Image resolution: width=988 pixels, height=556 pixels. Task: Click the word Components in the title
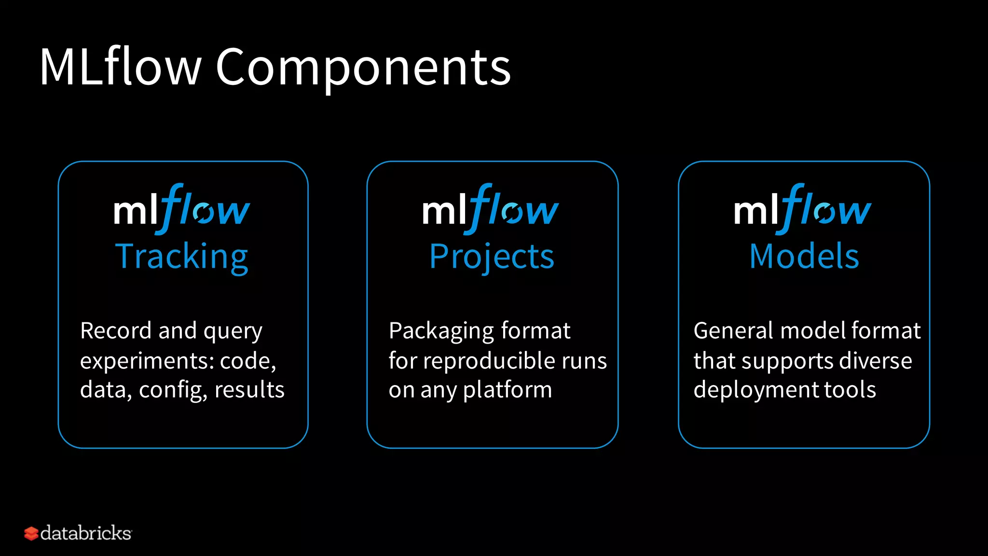pyautogui.click(x=363, y=68)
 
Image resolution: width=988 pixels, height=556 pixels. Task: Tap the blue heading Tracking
pyautogui.click(x=182, y=256)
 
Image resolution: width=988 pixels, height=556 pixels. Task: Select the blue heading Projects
pyautogui.click(x=492, y=256)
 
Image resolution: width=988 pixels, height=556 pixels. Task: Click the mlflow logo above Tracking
pyautogui.click(x=182, y=208)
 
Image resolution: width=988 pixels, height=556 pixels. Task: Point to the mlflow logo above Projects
pyautogui.click(x=491, y=208)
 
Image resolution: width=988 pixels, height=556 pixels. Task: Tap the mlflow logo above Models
pyautogui.click(x=803, y=208)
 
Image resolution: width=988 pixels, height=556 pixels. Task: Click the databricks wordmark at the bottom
pyautogui.click(x=86, y=533)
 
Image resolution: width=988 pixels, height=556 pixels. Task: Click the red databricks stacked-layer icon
pyautogui.click(x=31, y=533)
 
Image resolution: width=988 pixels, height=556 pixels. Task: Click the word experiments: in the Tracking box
pyautogui.click(x=147, y=361)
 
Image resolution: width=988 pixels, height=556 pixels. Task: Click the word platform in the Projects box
pyautogui.click(x=508, y=390)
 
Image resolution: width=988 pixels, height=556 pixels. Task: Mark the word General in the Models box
pyautogui.click(x=733, y=331)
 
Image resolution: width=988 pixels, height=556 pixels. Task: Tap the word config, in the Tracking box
pyautogui.click(x=173, y=390)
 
